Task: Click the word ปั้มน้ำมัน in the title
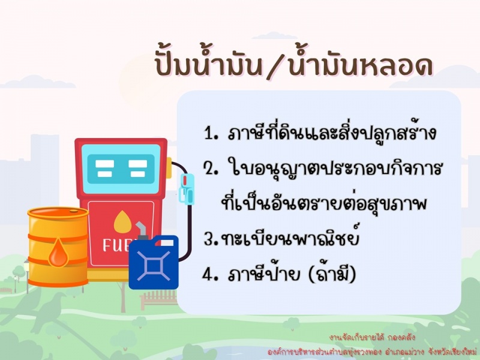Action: tap(208, 65)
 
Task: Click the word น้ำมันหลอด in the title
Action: tap(360, 65)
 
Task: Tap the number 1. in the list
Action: tap(211, 133)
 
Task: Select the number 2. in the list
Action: tap(212, 169)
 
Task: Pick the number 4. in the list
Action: tap(211, 274)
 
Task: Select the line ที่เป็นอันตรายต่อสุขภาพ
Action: tap(323, 202)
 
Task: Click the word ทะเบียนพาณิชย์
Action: tap(289, 236)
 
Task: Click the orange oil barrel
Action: tap(58, 247)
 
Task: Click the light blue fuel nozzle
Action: tap(187, 188)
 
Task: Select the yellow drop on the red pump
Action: tap(122, 221)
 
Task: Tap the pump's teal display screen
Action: tap(121, 169)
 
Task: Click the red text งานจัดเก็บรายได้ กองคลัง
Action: tap(372, 338)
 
